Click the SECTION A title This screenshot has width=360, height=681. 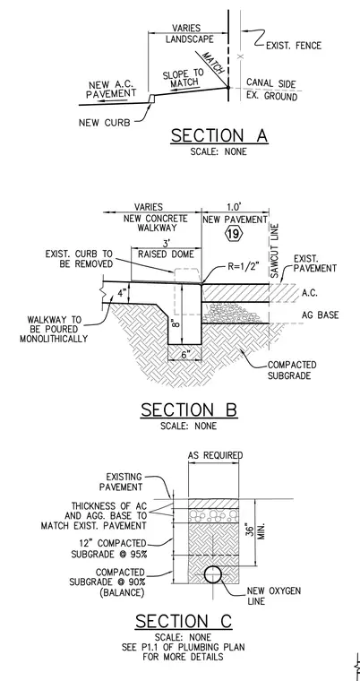click(219, 136)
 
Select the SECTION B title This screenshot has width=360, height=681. click(189, 410)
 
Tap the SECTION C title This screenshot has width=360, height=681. click(184, 622)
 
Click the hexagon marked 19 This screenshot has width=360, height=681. click(233, 235)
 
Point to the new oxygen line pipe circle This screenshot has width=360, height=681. click(213, 575)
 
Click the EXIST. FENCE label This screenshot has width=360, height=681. click(294, 46)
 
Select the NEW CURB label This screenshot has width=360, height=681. click(104, 123)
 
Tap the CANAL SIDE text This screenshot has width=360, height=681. click(271, 83)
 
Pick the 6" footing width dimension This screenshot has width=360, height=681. click(184, 355)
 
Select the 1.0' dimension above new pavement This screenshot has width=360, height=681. click(235, 207)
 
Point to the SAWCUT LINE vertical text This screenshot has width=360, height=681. click(274, 251)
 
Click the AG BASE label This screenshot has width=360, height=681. click(321, 315)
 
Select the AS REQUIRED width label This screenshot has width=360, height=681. click(215, 455)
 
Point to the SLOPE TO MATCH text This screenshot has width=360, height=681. click(184, 78)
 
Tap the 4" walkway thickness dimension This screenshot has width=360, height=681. click(122, 293)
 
